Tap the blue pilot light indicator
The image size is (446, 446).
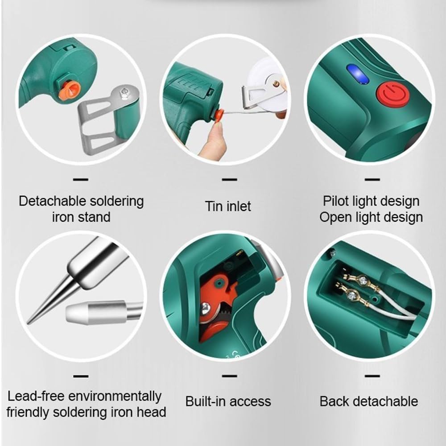click(x=358, y=74)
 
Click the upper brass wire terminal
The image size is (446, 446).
click(x=363, y=281)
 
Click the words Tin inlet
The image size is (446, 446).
click(x=228, y=206)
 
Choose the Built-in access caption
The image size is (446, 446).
click(x=228, y=401)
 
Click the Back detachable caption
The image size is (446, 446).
click(x=369, y=401)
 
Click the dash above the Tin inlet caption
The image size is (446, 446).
click(x=229, y=180)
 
